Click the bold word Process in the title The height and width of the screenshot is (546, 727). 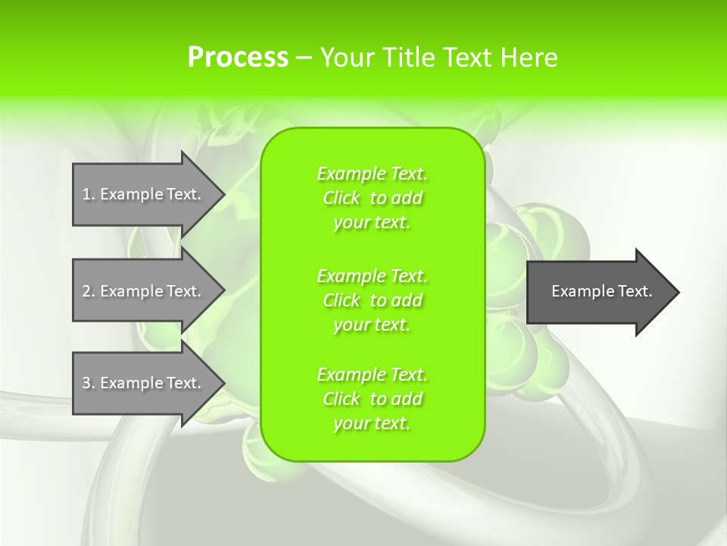(238, 58)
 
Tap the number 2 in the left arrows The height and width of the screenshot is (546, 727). (86, 291)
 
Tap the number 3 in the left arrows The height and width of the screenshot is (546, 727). (86, 383)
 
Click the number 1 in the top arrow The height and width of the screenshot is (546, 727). (86, 194)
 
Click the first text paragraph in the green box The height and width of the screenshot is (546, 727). (372, 198)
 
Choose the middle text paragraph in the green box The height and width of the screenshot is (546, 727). (372, 300)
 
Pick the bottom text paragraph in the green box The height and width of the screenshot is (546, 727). (372, 399)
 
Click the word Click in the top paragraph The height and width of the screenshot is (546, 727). (342, 198)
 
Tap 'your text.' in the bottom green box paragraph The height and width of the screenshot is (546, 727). (372, 423)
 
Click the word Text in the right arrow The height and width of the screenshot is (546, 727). (633, 291)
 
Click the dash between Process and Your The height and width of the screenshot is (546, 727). (304, 58)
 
